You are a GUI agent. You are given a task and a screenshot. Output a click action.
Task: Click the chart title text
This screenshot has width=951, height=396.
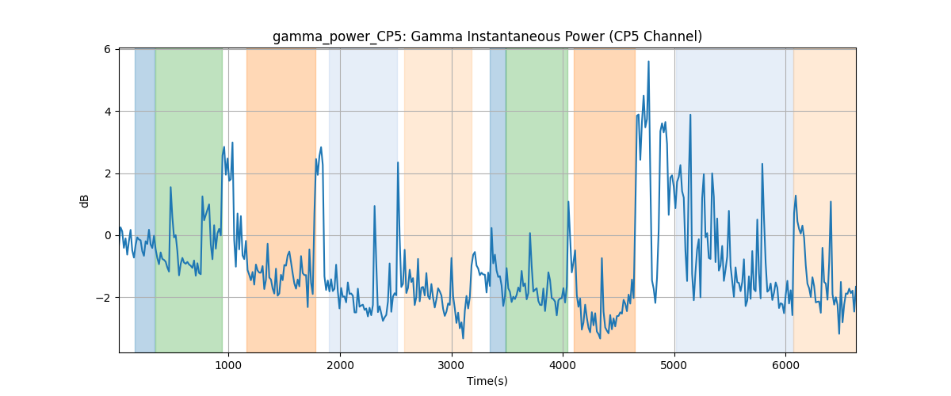click(487, 36)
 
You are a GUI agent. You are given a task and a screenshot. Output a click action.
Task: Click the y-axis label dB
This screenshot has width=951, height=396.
click(84, 201)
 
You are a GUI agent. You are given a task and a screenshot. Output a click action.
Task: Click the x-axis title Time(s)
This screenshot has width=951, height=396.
click(487, 381)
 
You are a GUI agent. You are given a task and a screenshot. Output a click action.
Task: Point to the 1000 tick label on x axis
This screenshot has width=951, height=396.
click(228, 365)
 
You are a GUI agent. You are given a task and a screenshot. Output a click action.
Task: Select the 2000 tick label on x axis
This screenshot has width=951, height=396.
click(340, 365)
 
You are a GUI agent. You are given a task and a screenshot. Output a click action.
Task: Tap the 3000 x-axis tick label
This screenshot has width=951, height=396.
click(452, 365)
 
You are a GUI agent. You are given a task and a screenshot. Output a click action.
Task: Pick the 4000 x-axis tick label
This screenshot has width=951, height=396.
click(563, 365)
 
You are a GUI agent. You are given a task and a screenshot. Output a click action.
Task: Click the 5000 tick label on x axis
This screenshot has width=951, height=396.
click(674, 365)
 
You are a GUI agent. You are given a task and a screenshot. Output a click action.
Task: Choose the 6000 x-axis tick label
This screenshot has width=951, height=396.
click(786, 365)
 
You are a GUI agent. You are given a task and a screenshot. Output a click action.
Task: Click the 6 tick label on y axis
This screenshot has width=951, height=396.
click(107, 50)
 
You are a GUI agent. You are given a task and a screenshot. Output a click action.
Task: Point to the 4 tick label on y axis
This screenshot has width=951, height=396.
click(107, 112)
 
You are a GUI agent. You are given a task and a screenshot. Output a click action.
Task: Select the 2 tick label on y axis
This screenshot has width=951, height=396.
click(107, 173)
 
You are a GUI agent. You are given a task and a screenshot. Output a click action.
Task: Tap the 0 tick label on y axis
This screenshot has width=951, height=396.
click(107, 235)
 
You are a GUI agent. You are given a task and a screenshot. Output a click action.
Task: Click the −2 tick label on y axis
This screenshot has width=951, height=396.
click(103, 298)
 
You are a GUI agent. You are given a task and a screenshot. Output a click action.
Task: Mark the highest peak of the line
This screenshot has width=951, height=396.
click(648, 62)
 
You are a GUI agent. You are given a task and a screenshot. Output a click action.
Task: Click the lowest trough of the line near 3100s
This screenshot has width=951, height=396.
click(463, 338)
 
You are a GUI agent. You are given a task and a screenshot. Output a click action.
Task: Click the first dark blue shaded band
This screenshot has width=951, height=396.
click(145, 200)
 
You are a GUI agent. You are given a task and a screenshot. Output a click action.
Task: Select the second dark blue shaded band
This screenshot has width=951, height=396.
click(498, 200)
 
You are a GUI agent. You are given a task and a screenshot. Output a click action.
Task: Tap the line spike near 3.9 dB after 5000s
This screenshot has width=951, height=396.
click(690, 115)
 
